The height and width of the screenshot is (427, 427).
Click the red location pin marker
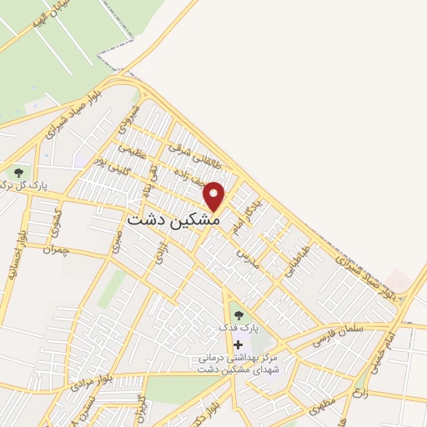point(214,196)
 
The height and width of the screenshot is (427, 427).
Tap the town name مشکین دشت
point(173,219)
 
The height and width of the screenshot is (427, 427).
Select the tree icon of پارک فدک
point(239,315)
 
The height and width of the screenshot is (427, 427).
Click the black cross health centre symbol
point(239,344)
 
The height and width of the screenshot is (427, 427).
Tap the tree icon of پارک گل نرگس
point(18,173)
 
